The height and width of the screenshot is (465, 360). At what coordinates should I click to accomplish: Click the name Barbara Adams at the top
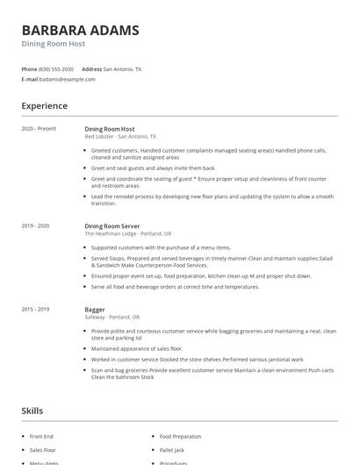point(80,30)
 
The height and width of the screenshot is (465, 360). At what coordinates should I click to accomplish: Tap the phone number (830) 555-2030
point(57,68)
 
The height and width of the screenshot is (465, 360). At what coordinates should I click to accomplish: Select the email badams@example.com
point(68,79)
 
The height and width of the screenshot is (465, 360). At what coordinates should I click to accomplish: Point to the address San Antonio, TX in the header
point(122,68)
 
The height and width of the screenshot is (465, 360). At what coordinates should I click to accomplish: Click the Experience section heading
point(45,106)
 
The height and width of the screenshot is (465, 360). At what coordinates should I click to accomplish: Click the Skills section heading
point(32,410)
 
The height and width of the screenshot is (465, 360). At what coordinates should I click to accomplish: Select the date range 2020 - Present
point(39,129)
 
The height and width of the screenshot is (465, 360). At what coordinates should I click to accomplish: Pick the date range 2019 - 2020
point(36,226)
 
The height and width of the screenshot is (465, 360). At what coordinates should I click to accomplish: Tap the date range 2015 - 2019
point(36,310)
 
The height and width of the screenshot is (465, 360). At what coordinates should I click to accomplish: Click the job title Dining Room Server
point(112,226)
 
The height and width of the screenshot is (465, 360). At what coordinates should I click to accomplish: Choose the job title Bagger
point(95,310)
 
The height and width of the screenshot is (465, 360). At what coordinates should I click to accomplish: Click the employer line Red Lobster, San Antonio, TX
point(120,137)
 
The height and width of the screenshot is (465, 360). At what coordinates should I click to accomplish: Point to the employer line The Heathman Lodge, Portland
point(128,234)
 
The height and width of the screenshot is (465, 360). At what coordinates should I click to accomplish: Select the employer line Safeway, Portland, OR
point(112,318)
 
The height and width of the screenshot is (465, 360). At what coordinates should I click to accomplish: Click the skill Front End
point(41,436)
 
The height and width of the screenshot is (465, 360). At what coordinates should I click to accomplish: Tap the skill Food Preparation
point(180,436)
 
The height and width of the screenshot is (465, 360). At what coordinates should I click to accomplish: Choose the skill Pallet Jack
point(172,449)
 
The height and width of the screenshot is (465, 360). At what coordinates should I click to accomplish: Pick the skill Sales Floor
point(42,449)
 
